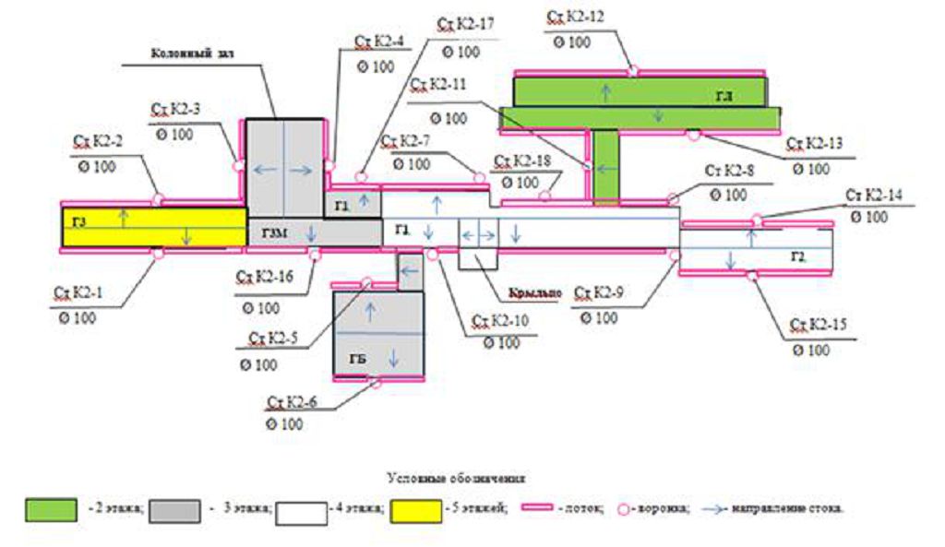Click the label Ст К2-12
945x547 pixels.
[x=576, y=18]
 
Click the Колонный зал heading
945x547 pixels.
[x=193, y=54]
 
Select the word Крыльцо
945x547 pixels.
[x=534, y=294]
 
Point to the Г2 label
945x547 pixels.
[x=798, y=254]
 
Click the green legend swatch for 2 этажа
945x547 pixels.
[x=51, y=510]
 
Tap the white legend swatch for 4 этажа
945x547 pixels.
[x=301, y=510]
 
